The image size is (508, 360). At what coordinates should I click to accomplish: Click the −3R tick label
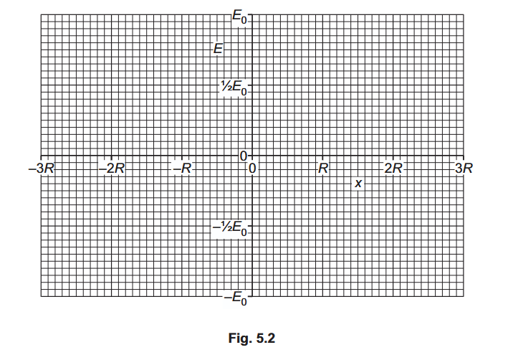coord(42,169)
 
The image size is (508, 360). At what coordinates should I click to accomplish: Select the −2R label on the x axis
coord(112,169)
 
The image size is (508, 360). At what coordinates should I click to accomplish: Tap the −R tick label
coord(183,169)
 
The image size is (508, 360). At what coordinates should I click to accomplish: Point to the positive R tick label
coord(323,169)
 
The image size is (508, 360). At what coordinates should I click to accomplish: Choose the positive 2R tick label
coord(393,169)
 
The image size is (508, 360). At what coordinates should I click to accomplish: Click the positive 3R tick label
coord(464,169)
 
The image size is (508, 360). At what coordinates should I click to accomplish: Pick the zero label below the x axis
coord(252,169)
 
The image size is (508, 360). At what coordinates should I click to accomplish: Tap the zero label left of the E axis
coord(244,156)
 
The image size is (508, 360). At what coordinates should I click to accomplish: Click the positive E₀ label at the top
coord(239,16)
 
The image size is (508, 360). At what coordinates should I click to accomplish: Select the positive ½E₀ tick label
coord(234,87)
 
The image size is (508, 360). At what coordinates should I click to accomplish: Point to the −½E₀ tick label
coord(230,227)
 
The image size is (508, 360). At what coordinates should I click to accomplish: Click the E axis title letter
coord(219,49)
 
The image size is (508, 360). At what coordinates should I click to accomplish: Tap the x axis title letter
coord(358,184)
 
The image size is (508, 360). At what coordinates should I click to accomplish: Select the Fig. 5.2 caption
coord(251,338)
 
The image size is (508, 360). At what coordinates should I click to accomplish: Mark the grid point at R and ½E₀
coord(322,85)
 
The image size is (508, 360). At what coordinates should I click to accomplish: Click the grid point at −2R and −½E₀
coord(112,226)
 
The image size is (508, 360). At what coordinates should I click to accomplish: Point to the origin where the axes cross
coord(252,156)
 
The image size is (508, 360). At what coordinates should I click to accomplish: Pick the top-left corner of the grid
coord(41,14)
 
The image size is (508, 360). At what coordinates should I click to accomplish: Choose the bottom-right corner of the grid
coord(464,296)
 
